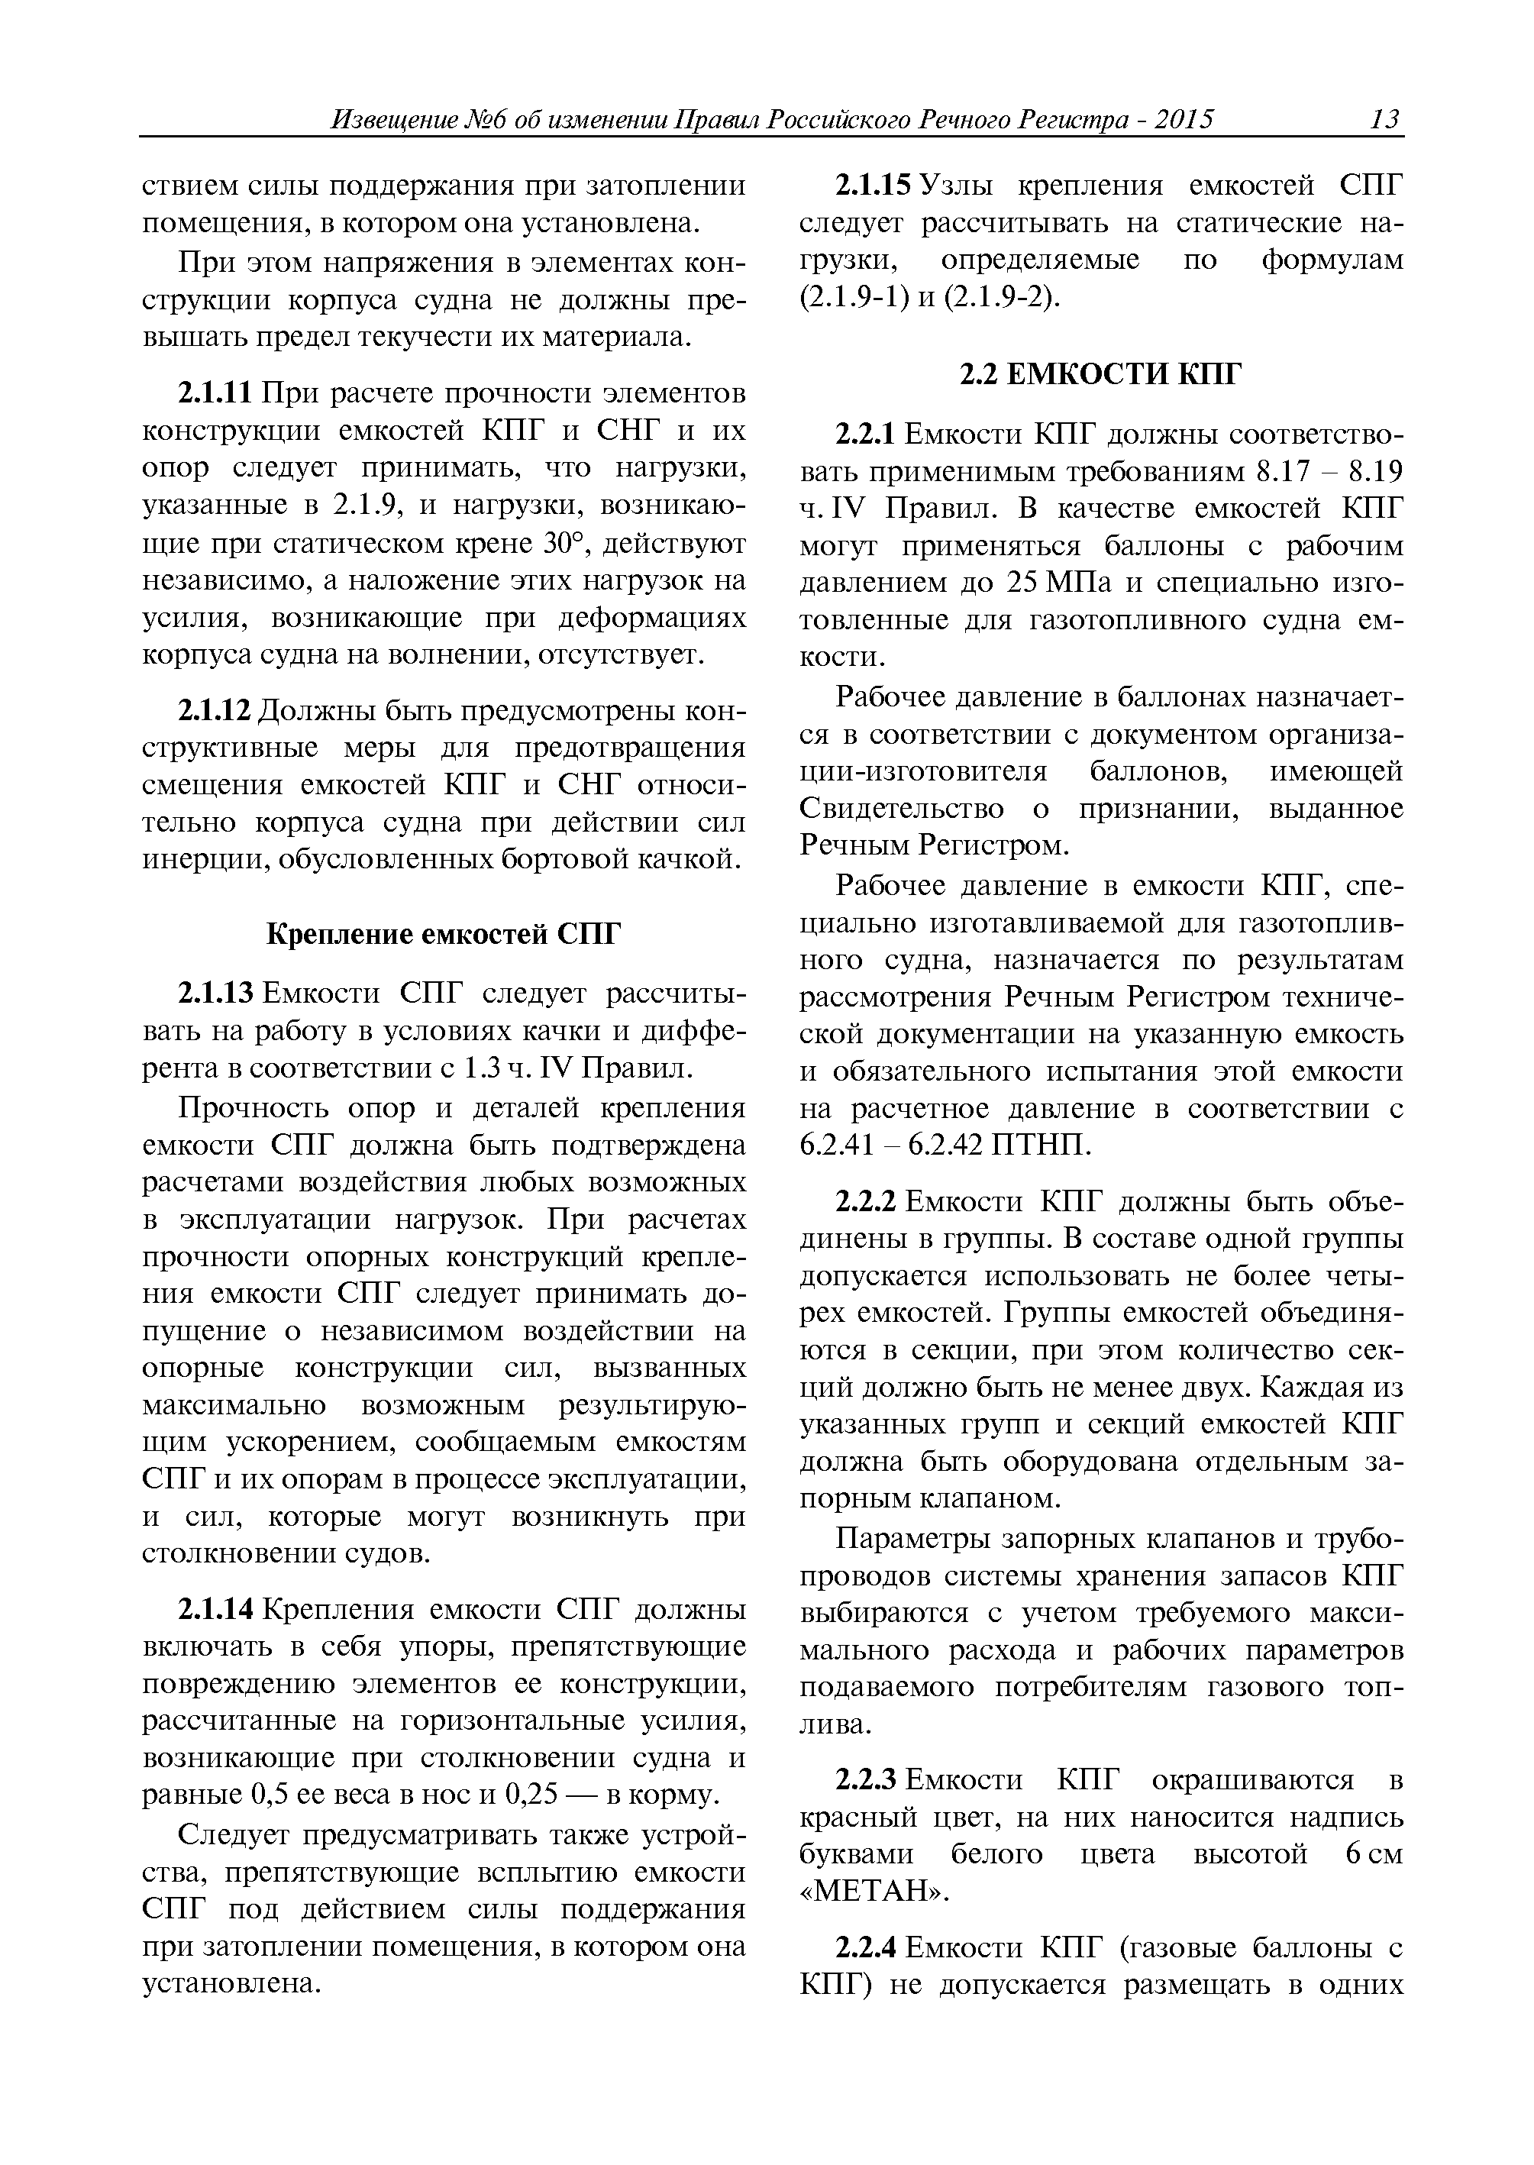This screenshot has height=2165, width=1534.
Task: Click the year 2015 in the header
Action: coord(1183,120)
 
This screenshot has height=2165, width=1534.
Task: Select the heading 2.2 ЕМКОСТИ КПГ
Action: coord(1100,376)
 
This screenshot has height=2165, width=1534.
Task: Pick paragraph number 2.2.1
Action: coord(865,435)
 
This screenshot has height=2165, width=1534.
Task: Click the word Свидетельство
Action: coord(901,809)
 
